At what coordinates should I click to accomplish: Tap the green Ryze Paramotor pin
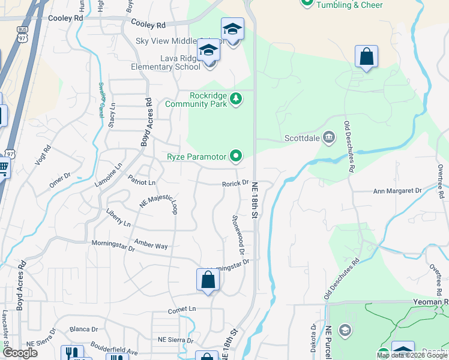click(x=236, y=157)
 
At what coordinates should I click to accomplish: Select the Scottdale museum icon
click(x=328, y=137)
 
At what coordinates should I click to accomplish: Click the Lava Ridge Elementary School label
click(x=172, y=62)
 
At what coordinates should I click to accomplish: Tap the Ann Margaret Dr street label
click(x=397, y=191)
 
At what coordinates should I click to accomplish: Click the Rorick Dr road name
click(x=235, y=183)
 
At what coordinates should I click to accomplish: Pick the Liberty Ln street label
click(x=118, y=218)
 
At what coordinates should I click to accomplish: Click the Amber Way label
click(x=151, y=245)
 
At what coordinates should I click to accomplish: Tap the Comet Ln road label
click(x=182, y=309)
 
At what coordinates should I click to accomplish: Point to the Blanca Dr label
click(x=83, y=329)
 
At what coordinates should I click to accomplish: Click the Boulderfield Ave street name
click(x=114, y=347)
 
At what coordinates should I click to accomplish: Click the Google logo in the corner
click(x=20, y=353)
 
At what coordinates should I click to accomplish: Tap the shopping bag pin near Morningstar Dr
click(x=207, y=280)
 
